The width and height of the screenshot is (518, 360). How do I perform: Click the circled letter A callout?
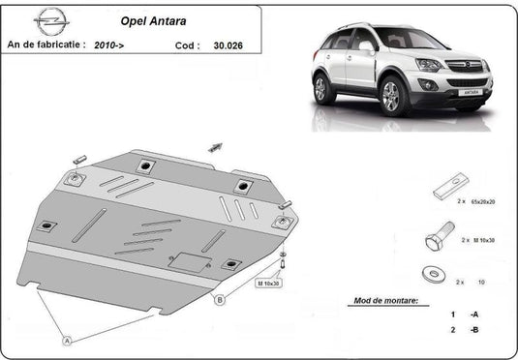tap(67, 340)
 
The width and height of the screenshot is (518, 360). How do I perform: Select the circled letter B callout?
tap(220, 300)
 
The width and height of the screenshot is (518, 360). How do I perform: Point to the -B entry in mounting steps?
tap(473, 330)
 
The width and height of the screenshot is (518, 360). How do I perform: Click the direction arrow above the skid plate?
tap(215, 147)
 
